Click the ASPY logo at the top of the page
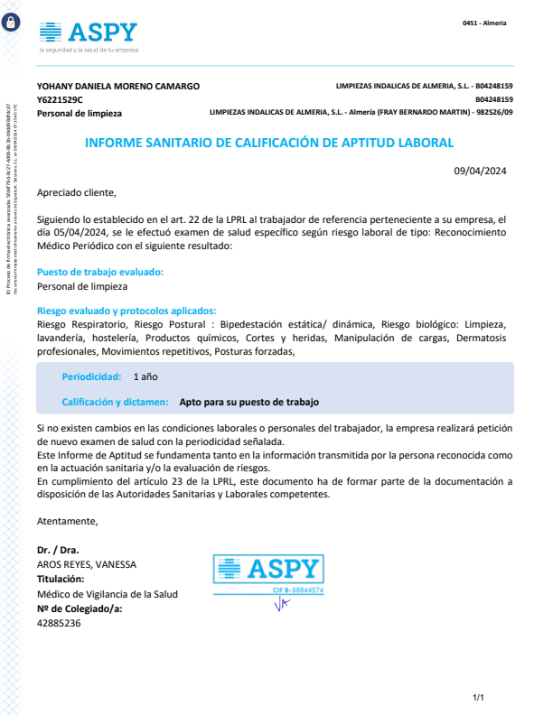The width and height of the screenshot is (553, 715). (x=89, y=33)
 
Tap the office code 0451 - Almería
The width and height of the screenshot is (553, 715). (x=484, y=23)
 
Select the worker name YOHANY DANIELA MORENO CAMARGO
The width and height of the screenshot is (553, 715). (x=117, y=86)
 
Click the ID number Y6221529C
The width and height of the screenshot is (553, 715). (x=60, y=99)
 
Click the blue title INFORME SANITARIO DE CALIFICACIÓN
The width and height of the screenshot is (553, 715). (x=268, y=143)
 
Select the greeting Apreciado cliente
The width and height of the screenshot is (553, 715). (x=77, y=192)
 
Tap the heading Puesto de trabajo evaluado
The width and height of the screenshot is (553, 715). (x=100, y=272)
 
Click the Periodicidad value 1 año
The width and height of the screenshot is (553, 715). (x=145, y=376)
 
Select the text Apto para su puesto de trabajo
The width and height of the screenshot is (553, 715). (x=249, y=403)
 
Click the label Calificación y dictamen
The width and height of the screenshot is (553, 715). (x=115, y=403)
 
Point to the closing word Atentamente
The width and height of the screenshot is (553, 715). (x=67, y=521)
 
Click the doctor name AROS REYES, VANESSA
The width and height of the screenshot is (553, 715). (x=87, y=564)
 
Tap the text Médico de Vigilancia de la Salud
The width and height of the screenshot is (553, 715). (x=108, y=594)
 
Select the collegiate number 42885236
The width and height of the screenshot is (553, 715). (x=59, y=623)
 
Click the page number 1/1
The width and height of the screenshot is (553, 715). (x=479, y=697)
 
